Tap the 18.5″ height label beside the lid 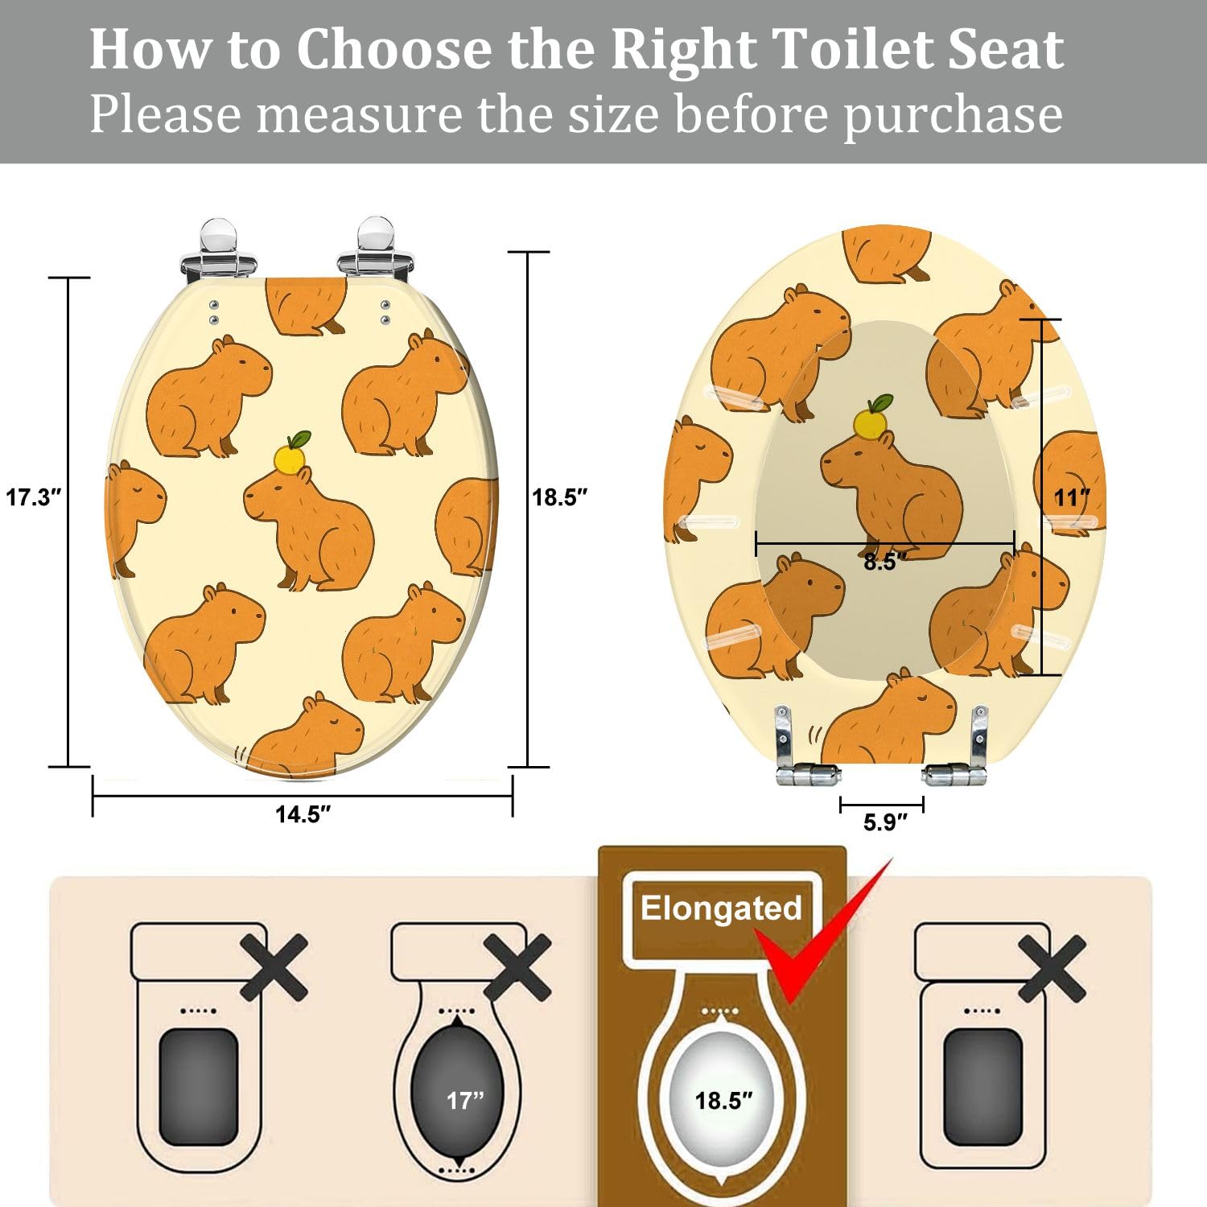coord(560,497)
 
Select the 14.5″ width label coord(303,814)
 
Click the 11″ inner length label coord(1072,498)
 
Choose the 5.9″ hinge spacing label coord(884,822)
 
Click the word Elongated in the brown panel coord(721,908)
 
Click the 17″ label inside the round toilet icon coord(465,1100)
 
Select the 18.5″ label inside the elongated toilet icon coord(723,1100)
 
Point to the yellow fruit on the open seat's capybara coord(871,422)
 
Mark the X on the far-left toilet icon coord(274,967)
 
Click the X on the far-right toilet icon coord(1052,967)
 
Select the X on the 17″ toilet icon coord(517,967)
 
